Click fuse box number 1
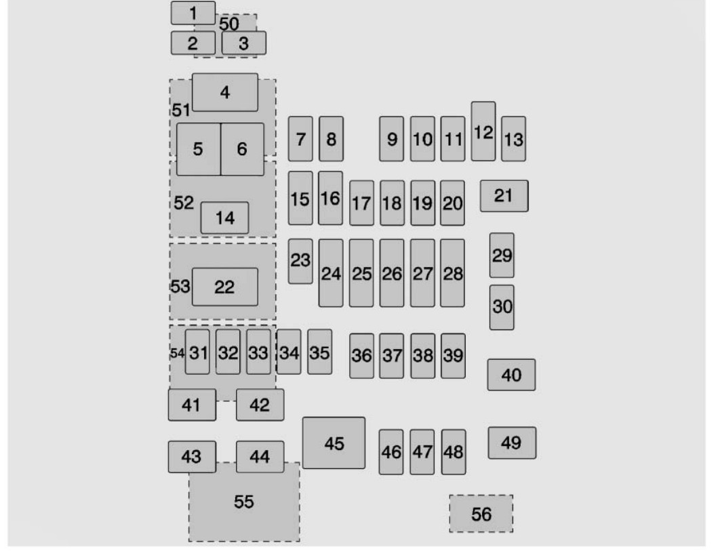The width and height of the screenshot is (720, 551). point(193,13)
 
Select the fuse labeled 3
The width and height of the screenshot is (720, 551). point(244,43)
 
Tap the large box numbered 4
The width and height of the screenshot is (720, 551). point(225,92)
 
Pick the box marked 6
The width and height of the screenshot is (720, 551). point(243,149)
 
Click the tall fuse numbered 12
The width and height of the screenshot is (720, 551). point(483,131)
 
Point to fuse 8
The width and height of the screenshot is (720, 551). point(331,139)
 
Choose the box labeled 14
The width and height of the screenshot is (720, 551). point(224,218)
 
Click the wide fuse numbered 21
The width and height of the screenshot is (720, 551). point(504,196)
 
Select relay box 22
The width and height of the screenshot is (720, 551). point(225,287)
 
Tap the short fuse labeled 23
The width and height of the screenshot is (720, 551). point(300,261)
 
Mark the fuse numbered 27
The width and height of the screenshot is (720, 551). point(422,272)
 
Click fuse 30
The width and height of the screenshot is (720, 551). point(502,307)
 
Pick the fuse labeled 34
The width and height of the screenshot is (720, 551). point(289,352)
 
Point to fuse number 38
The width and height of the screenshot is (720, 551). point(423,356)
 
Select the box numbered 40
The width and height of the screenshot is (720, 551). point(512,375)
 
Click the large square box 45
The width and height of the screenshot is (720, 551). point(334,443)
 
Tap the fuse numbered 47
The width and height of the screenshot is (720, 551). point(422,452)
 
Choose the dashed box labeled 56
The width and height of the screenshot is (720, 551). point(481,514)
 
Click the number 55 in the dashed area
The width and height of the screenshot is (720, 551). point(244,502)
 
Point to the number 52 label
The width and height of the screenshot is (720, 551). point(184,203)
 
